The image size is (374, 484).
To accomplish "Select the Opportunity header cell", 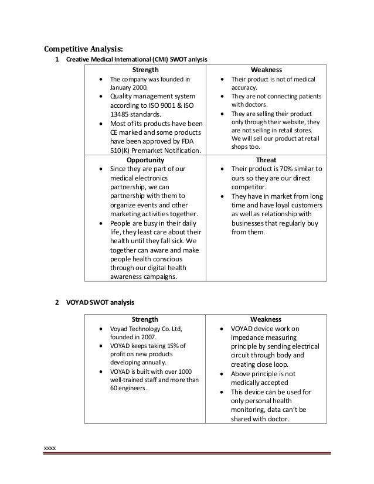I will (x=145, y=159).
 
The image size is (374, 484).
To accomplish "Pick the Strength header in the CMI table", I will (x=145, y=69).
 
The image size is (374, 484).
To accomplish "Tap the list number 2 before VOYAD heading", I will (x=56, y=302).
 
